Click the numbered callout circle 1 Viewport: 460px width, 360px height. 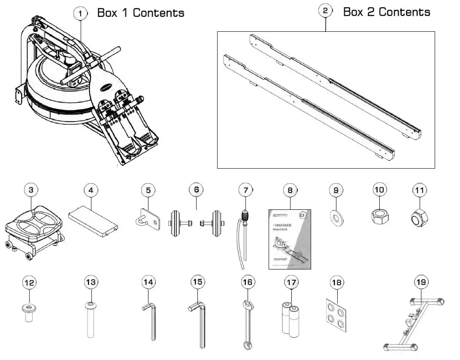(x=80, y=13)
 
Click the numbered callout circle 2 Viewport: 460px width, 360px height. (x=325, y=11)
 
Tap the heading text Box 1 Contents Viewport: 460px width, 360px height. (x=141, y=13)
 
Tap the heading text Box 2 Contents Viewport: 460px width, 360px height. (x=386, y=12)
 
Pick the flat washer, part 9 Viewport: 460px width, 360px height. (x=336, y=218)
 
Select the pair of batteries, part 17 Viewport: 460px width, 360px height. (x=291, y=319)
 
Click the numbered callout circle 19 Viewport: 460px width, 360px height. (x=421, y=282)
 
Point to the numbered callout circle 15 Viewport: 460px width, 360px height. (x=197, y=282)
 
